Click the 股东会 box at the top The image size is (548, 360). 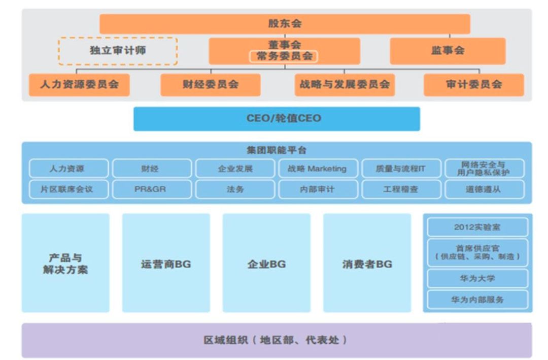click(285, 24)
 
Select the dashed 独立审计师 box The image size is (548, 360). click(118, 51)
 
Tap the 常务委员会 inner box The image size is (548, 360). click(284, 56)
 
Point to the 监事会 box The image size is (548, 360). click(448, 50)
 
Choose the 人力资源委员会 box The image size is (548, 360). click(79, 85)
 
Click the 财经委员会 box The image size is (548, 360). click(211, 85)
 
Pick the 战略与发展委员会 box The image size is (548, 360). click(345, 85)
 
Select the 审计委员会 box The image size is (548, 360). click(474, 85)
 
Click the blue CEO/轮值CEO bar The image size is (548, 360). click(277, 118)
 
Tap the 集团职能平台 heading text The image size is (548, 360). click(277, 150)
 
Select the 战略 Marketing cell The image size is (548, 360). click(317, 169)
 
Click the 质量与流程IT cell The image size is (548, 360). click(400, 169)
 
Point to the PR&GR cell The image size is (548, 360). click(152, 189)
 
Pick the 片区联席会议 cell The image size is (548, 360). click(68, 189)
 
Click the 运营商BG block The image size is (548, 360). click(166, 264)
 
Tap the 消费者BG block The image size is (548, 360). click(367, 264)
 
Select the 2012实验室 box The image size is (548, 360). click(477, 227)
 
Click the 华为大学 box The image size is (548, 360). click(477, 279)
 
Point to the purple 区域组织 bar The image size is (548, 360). click(277, 340)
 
